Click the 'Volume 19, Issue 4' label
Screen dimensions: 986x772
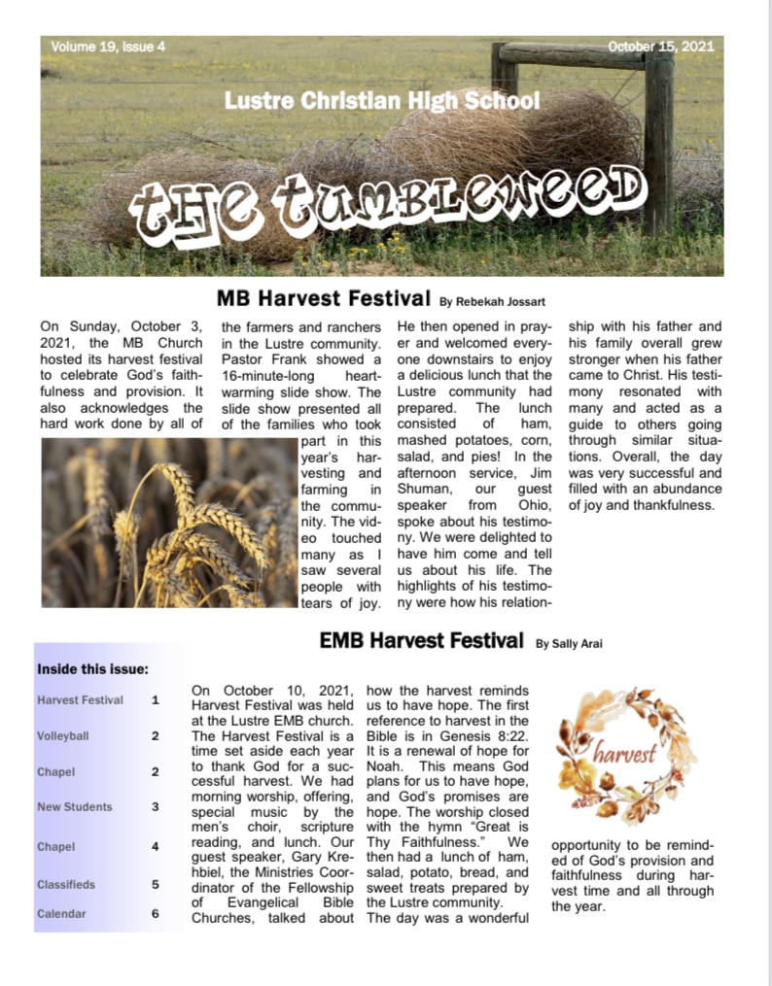(108, 47)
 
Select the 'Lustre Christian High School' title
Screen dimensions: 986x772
(381, 100)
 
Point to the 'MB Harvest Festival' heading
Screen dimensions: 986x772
(323, 297)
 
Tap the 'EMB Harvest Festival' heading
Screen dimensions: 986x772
(421, 640)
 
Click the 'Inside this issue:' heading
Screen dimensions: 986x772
(92, 669)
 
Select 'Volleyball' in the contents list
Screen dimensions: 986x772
(63, 736)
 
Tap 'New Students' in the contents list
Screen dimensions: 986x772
(75, 806)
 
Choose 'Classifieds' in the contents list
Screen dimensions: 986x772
(66, 885)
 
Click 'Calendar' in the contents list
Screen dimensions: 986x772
(61, 914)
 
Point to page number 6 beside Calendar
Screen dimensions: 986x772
(155, 914)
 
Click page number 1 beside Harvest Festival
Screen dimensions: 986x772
(155, 699)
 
